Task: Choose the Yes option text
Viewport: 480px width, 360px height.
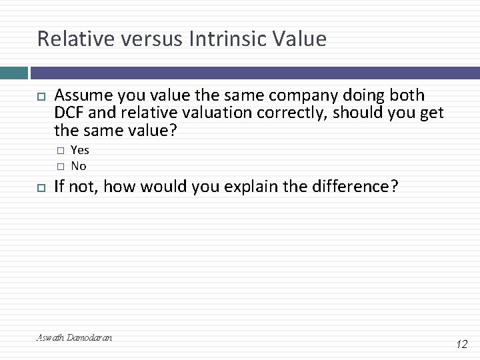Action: click(80, 150)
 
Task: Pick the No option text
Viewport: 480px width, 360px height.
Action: click(79, 166)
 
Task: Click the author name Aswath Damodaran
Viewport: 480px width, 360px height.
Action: click(74, 338)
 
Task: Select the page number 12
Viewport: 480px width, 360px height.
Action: click(461, 344)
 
